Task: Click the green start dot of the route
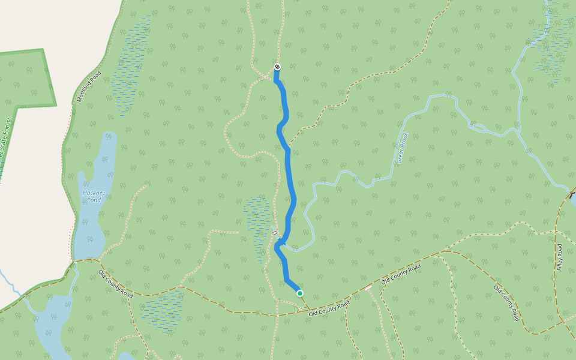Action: (x=300, y=293)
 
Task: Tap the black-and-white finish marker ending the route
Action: (x=277, y=67)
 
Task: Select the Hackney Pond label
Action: (x=94, y=196)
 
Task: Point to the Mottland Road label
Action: (x=89, y=88)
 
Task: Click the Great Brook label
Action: (x=401, y=148)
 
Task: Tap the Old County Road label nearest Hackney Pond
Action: (x=115, y=284)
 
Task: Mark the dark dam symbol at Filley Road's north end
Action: (x=572, y=195)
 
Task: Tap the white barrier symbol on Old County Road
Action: (x=368, y=289)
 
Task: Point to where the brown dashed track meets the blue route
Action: (x=288, y=146)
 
